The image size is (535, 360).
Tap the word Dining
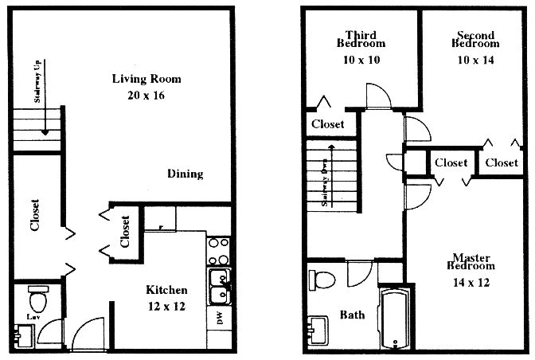pyautogui.click(x=185, y=174)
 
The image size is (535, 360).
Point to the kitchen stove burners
pyautogui.click(x=217, y=251)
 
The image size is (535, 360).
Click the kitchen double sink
pyautogui.click(x=217, y=286)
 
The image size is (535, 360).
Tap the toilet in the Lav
pyautogui.click(x=37, y=301)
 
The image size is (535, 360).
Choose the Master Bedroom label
pyautogui.click(x=470, y=269)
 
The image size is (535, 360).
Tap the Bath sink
pyautogui.click(x=317, y=327)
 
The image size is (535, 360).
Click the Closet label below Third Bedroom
pyautogui.click(x=327, y=124)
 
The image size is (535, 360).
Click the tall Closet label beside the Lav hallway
pyautogui.click(x=34, y=214)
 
